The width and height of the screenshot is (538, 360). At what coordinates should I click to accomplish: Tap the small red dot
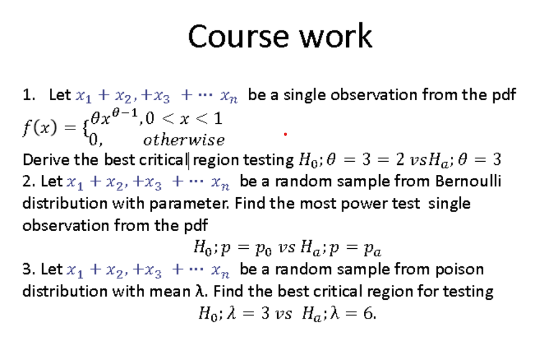[285, 134]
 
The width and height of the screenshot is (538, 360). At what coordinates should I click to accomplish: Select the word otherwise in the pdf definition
[184, 140]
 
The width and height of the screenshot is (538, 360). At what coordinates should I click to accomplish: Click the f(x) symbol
[39, 128]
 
